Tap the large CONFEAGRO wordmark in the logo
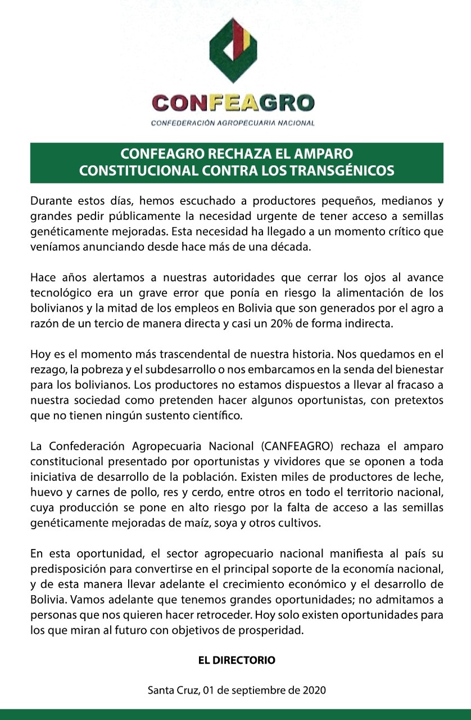pyautogui.click(x=233, y=102)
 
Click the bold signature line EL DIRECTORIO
pyautogui.click(x=236, y=660)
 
